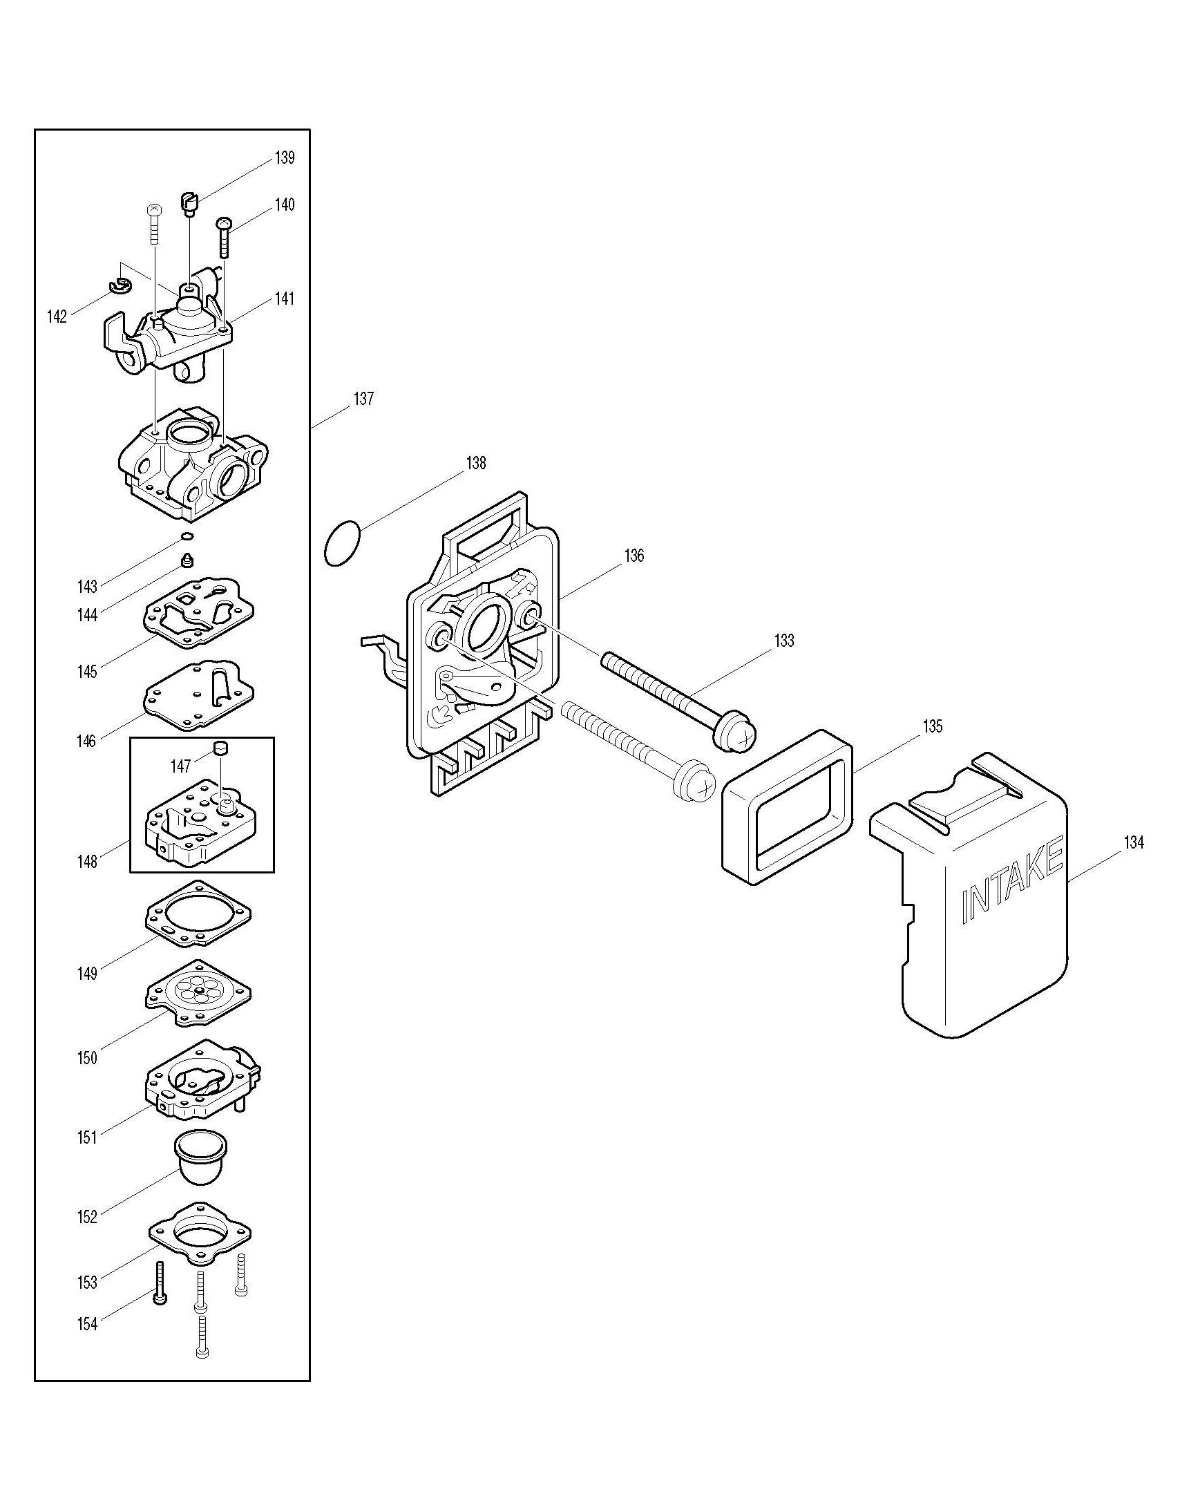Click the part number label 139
click(285, 158)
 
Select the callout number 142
click(57, 316)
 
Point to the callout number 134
click(1134, 842)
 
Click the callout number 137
click(363, 399)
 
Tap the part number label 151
click(87, 1137)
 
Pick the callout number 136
click(634, 555)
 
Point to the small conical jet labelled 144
click(187, 559)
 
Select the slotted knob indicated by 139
click(190, 205)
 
